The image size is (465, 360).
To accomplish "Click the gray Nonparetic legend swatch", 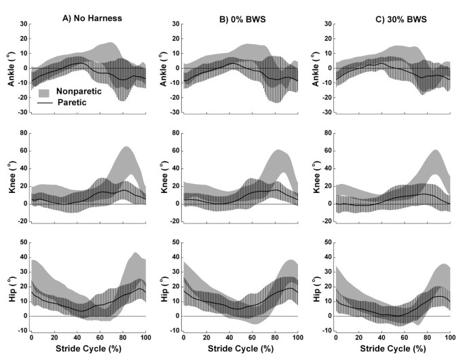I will tap(45, 92).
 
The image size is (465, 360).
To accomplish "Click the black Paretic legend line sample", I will tap(45, 103).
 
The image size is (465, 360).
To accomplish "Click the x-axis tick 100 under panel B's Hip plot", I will tap(296, 338).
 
